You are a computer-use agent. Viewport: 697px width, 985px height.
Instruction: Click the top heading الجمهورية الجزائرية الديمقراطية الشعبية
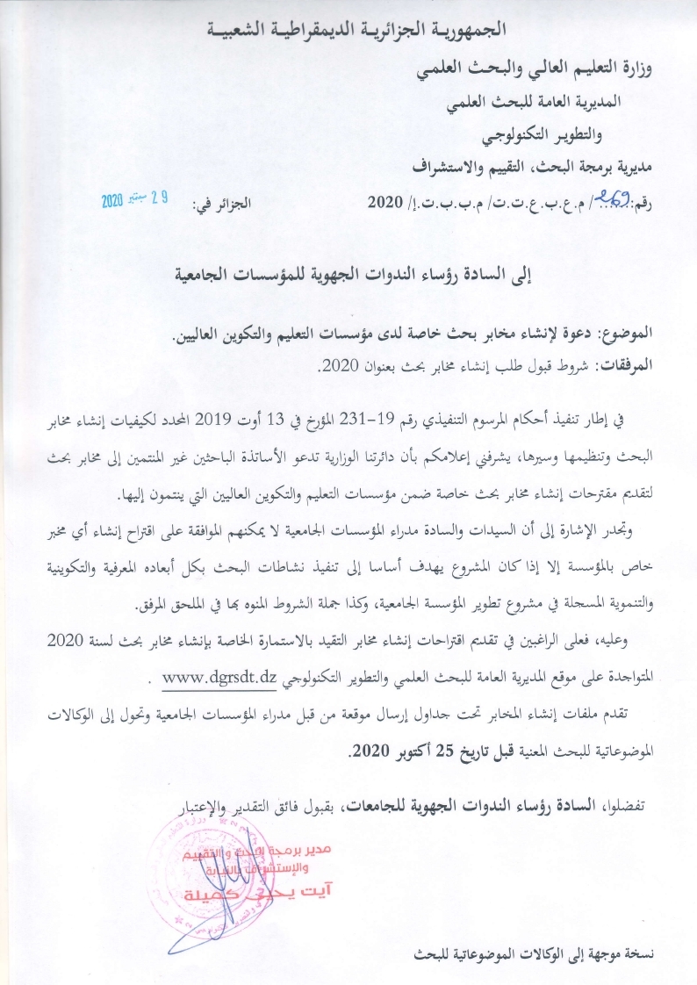coord(348,28)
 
